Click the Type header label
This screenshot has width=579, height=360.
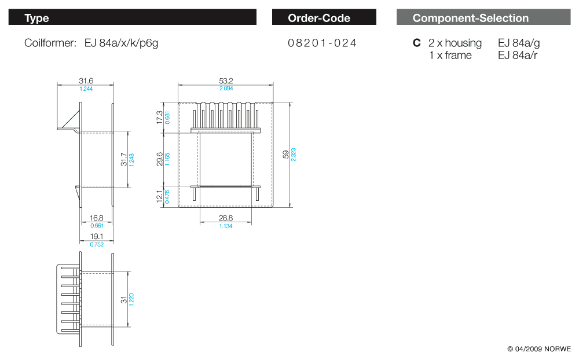tap(36, 18)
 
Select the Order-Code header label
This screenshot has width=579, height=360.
tap(319, 18)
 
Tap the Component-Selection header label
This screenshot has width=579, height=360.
tap(470, 18)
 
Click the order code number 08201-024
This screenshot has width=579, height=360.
tap(322, 43)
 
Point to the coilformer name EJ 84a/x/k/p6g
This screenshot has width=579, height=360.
tap(121, 43)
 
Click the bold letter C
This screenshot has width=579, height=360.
tap(416, 43)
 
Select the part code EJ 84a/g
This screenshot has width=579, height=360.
tap(519, 43)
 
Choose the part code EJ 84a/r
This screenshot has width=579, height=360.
tap(517, 55)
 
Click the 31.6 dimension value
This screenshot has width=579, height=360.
tap(86, 81)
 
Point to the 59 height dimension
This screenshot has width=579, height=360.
tap(285, 154)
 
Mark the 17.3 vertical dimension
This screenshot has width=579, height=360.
tap(160, 117)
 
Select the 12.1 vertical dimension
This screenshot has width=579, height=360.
tap(160, 196)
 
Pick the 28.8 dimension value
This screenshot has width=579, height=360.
tap(225, 218)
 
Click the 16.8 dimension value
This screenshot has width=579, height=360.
tap(96, 218)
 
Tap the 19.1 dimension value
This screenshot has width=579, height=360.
tap(96, 237)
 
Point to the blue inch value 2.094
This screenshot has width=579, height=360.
tap(225, 89)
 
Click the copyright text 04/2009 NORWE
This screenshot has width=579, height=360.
tap(539, 349)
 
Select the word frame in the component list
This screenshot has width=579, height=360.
tap(459, 55)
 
